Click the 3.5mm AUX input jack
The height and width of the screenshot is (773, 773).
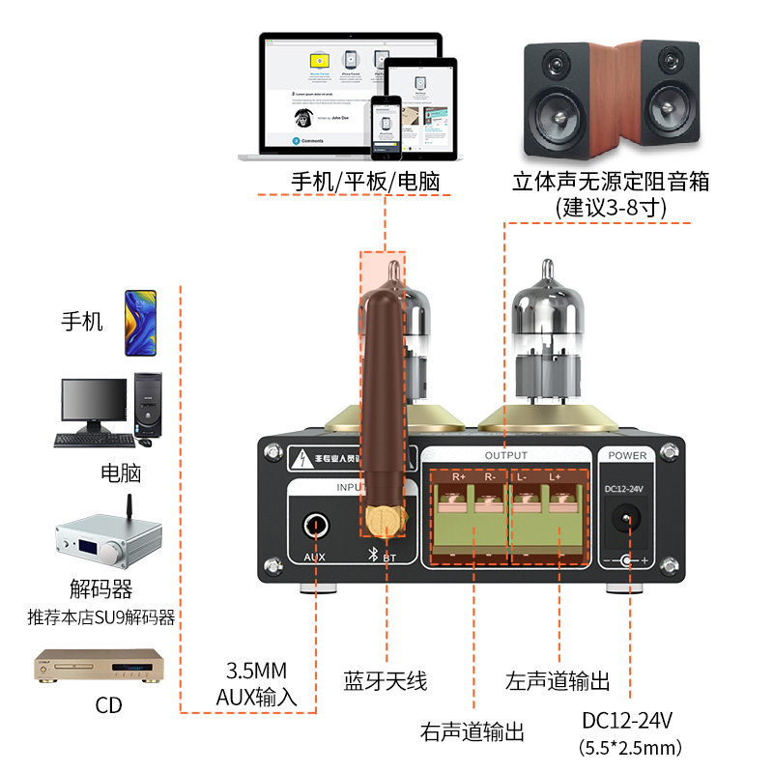315,525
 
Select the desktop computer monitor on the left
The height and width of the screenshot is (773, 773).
94,404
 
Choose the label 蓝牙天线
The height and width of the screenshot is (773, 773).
385,680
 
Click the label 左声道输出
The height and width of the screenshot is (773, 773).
558,680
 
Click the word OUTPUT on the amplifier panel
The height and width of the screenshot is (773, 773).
505,455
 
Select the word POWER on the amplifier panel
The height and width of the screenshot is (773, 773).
628,455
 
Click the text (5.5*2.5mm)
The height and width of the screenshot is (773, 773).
630,747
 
